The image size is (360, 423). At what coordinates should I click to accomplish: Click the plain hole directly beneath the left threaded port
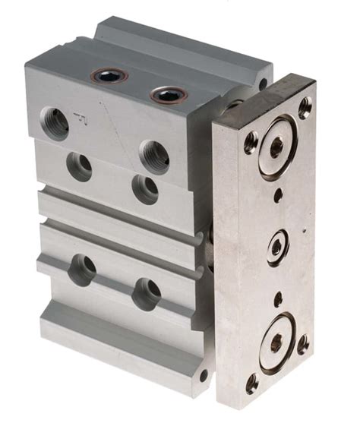tap(79, 165)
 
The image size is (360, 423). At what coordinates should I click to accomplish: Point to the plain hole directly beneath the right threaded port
tap(145, 188)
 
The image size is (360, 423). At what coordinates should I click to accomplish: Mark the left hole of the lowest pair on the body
tap(82, 269)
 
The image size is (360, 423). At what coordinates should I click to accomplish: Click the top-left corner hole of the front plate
tap(251, 140)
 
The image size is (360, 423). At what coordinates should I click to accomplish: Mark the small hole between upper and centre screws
tap(278, 195)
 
